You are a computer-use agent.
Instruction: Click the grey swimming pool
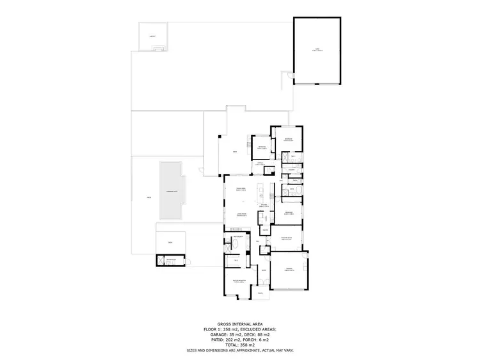coord(171,191)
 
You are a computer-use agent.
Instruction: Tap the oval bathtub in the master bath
coord(231,245)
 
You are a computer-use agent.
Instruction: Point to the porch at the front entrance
coord(260,294)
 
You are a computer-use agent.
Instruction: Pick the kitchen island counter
coord(260,192)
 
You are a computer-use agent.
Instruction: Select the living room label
coord(242,214)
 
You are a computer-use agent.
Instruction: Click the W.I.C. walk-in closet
coord(236,260)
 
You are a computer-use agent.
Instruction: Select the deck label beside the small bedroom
coord(236,152)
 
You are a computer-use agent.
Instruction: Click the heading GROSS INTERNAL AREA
coord(239,324)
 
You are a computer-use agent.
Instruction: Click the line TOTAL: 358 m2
coord(239,345)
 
